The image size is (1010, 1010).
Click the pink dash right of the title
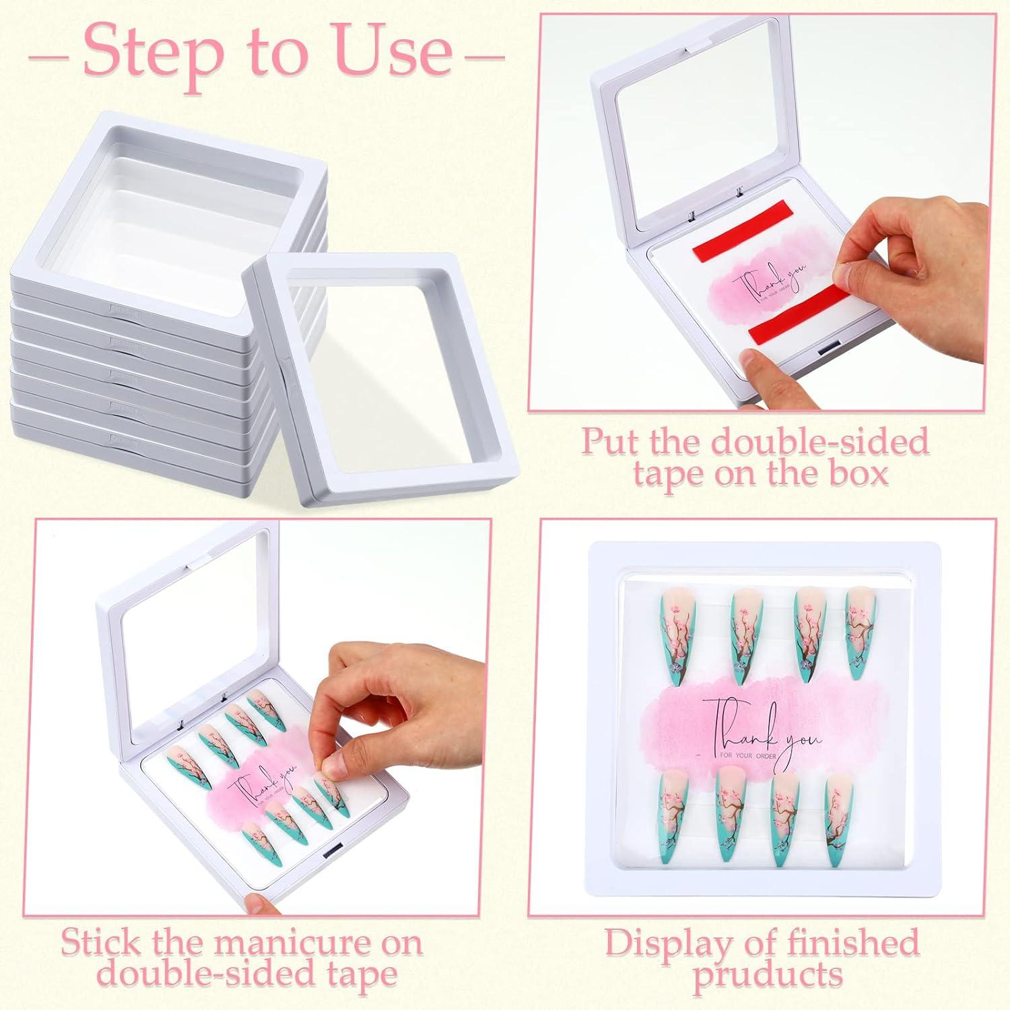point(485,56)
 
